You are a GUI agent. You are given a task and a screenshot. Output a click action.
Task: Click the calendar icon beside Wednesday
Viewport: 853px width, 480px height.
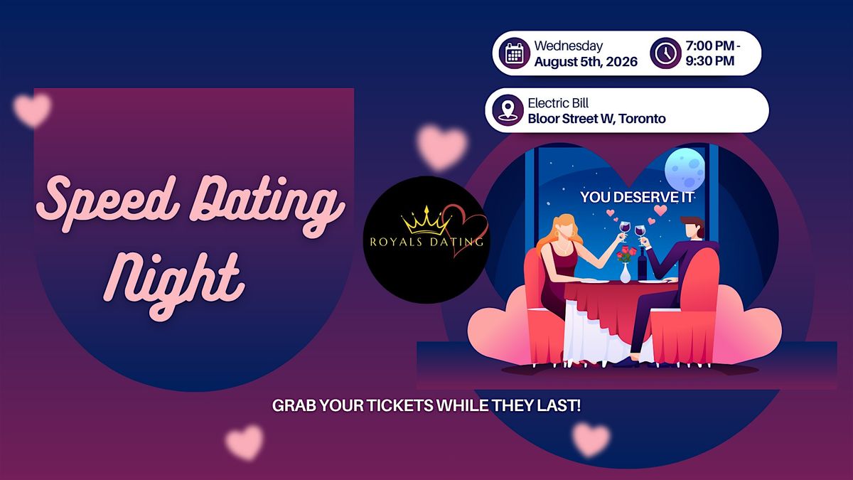pyautogui.click(x=515, y=53)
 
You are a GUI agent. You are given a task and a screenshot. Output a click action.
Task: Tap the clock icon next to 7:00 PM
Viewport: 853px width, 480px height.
pyautogui.click(x=665, y=53)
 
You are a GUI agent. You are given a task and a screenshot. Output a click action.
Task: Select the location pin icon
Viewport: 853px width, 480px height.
pyautogui.click(x=508, y=110)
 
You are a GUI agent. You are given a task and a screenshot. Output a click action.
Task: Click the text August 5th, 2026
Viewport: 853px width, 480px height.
pyautogui.click(x=586, y=62)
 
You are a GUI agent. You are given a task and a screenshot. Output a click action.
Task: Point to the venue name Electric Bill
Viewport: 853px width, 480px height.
pyautogui.click(x=558, y=103)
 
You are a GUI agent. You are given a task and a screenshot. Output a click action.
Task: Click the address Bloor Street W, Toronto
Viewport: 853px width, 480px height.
pyautogui.click(x=596, y=119)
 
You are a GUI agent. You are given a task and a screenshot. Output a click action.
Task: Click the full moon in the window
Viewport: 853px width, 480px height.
pyautogui.click(x=685, y=169)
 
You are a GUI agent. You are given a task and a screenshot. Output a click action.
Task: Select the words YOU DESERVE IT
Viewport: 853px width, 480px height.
pyautogui.click(x=637, y=198)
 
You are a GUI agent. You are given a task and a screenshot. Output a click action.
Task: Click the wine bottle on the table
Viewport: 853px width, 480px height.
pyautogui.click(x=643, y=264)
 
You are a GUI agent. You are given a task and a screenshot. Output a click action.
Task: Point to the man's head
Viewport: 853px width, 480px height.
pyautogui.click(x=692, y=228)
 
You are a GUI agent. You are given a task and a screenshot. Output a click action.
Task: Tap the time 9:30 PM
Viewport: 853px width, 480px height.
pyautogui.click(x=710, y=61)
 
